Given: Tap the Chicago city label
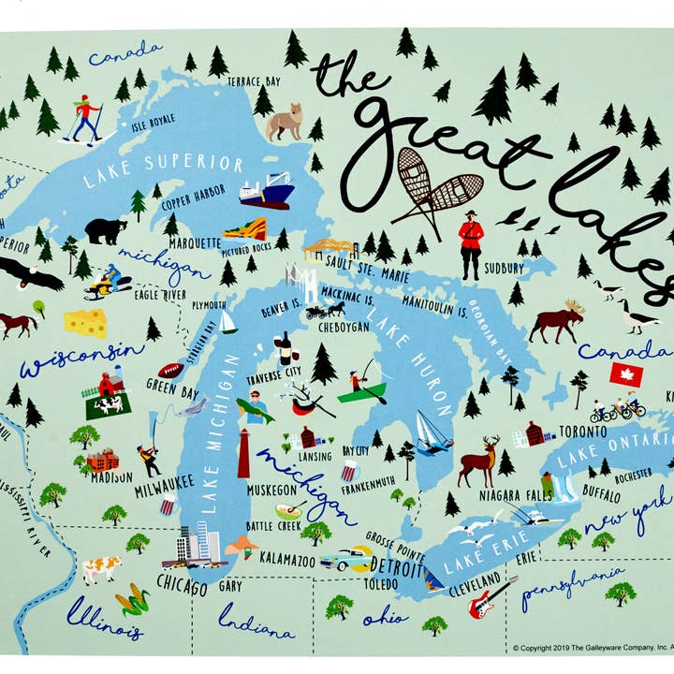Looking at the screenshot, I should [x=183, y=587].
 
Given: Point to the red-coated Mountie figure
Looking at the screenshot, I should [x=470, y=245].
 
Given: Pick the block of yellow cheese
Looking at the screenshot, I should [x=84, y=323].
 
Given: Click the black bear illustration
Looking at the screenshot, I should [x=106, y=229].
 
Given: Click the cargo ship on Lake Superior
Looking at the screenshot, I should [x=267, y=193].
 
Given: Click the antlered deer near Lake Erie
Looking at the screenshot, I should [x=477, y=460].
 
